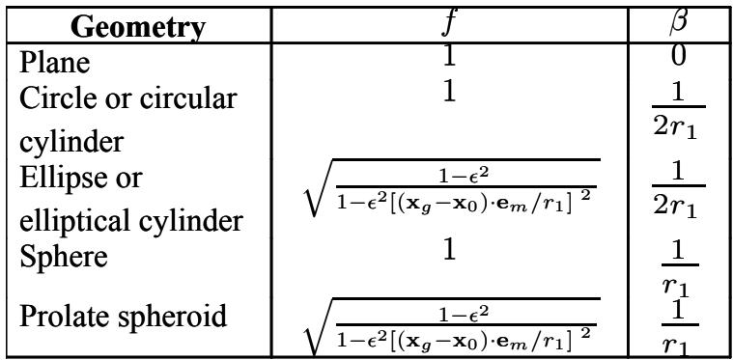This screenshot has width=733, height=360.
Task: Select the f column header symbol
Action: (449, 24)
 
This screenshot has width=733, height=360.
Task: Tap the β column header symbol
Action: (679, 23)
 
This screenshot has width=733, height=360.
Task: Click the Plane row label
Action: (55, 62)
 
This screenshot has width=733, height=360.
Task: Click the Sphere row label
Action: (64, 256)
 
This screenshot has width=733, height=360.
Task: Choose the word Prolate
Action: (55, 317)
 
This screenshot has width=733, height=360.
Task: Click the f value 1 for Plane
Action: (449, 57)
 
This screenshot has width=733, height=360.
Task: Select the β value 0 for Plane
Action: (679, 56)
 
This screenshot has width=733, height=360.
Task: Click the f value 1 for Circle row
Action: (449, 92)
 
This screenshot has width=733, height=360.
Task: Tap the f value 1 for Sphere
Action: (449, 250)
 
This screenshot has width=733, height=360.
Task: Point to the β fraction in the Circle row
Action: (679, 111)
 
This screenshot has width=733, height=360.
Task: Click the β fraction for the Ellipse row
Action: (679, 190)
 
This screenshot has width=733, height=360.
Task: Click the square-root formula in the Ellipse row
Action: (452, 187)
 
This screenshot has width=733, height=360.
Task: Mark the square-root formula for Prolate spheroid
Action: (452, 327)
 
